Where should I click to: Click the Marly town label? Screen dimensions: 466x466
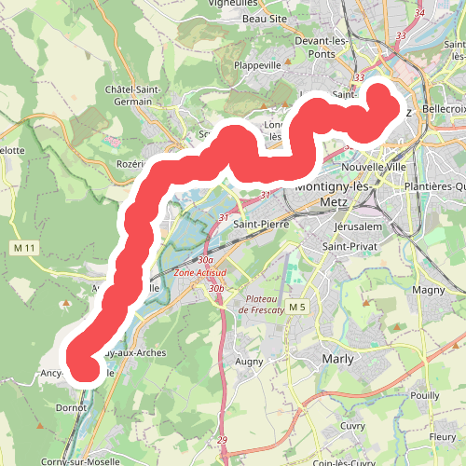pos(340,358)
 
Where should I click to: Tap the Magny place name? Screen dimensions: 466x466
pos(429,291)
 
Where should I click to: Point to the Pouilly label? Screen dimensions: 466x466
pos(424,395)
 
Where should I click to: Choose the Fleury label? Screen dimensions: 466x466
pos(441,436)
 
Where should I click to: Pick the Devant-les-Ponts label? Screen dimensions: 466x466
pos(322,48)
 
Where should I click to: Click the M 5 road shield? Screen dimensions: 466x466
pos(297,308)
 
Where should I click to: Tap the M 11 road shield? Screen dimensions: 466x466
pos(24,247)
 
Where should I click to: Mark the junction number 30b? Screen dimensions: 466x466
pos(217,289)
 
